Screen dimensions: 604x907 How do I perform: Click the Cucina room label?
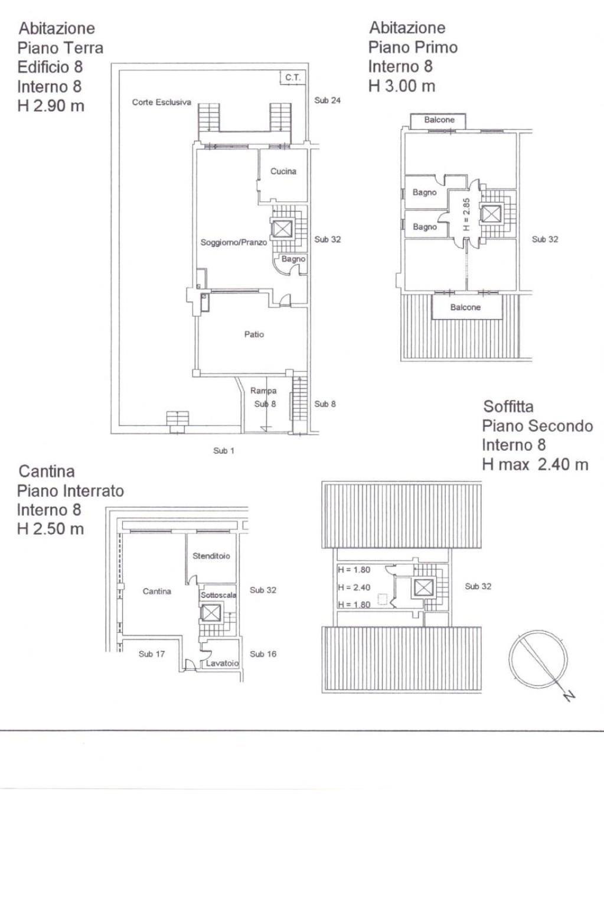click(x=283, y=171)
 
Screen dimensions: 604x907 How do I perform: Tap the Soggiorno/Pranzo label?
click(x=234, y=242)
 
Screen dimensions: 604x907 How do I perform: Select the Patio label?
click(x=254, y=334)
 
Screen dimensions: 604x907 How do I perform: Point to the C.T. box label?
click(x=293, y=77)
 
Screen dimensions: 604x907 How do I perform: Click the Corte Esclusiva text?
click(x=161, y=102)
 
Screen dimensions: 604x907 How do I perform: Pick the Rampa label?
click(x=263, y=391)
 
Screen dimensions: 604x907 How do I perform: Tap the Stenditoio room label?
click(x=211, y=556)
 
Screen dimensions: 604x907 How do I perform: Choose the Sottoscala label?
click(x=218, y=595)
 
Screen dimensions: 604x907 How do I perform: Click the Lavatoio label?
click(x=222, y=663)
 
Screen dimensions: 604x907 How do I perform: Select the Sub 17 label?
click(x=152, y=654)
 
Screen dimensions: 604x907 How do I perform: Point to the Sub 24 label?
click(x=327, y=100)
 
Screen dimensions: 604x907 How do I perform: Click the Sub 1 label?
click(x=224, y=451)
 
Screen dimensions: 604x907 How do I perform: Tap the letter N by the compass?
click(x=570, y=696)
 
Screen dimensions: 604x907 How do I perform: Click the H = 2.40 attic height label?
click(x=354, y=587)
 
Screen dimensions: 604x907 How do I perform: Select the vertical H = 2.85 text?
click(x=466, y=214)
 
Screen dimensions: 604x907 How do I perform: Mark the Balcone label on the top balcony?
click(x=439, y=120)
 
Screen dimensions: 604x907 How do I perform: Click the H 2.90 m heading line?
click(x=51, y=106)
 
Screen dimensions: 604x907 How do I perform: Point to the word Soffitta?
click(x=508, y=406)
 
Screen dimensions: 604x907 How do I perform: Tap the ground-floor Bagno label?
click(x=293, y=259)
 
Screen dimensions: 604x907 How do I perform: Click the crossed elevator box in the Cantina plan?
click(x=211, y=613)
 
